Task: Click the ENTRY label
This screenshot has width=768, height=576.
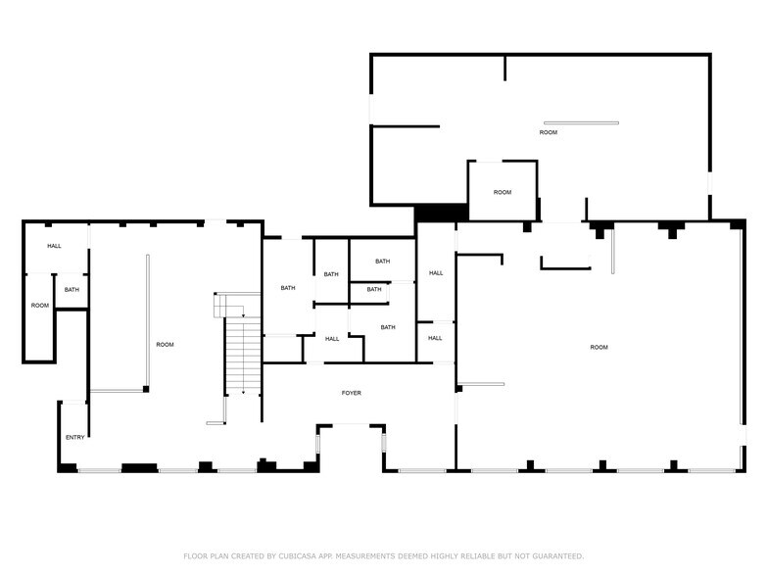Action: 74,437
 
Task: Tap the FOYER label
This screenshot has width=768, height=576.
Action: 351,393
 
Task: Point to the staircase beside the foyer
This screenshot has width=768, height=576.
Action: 240,358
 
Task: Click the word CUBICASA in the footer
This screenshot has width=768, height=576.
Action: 306,555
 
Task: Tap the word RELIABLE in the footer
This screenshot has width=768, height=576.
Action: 474,555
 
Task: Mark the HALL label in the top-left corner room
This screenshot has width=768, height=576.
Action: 54,246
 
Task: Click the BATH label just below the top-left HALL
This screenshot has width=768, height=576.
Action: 72,289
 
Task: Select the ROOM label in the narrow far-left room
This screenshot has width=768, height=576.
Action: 39,306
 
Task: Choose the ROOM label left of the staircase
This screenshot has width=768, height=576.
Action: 165,344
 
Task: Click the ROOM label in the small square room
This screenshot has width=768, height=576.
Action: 503,192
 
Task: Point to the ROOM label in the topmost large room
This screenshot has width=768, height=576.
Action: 549,132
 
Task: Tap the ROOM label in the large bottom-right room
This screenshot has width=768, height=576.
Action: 599,348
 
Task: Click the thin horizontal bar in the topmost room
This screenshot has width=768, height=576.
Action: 582,122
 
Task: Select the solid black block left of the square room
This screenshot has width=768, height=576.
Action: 441,212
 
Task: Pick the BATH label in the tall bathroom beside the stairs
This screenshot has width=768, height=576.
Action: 288,287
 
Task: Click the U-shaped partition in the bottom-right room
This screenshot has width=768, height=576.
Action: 565,263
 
